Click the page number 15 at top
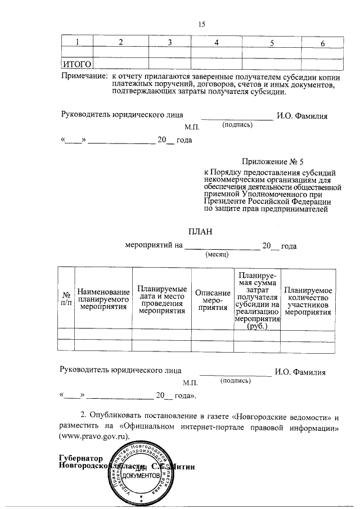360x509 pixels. [202, 24]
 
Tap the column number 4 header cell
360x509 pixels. [216, 43]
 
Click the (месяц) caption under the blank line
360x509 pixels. [216, 254]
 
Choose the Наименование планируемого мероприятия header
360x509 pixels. [103, 299]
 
